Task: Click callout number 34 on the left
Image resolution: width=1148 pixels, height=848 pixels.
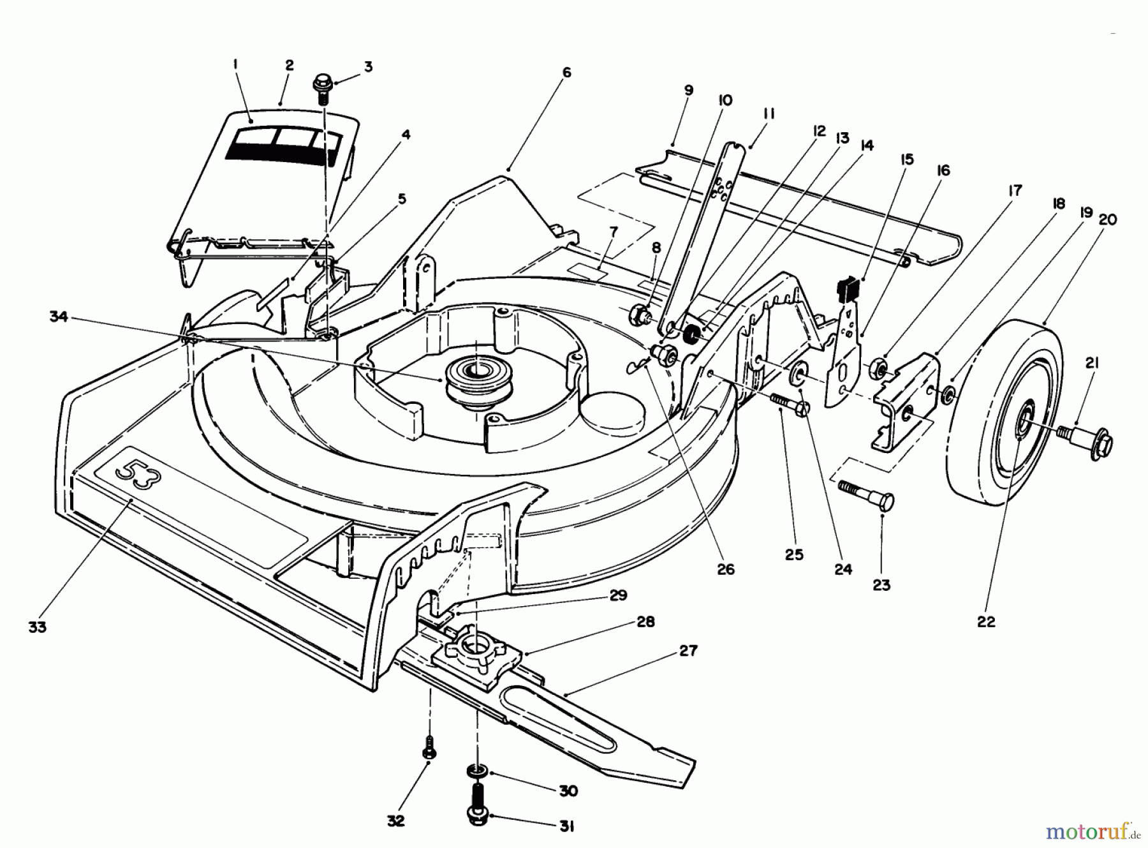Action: (58, 317)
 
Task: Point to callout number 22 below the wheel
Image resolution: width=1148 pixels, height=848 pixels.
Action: (985, 621)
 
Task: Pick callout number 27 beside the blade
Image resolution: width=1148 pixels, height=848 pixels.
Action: (688, 651)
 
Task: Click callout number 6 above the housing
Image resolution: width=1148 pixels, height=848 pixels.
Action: (566, 73)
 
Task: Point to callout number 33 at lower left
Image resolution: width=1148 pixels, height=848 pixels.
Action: (38, 627)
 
